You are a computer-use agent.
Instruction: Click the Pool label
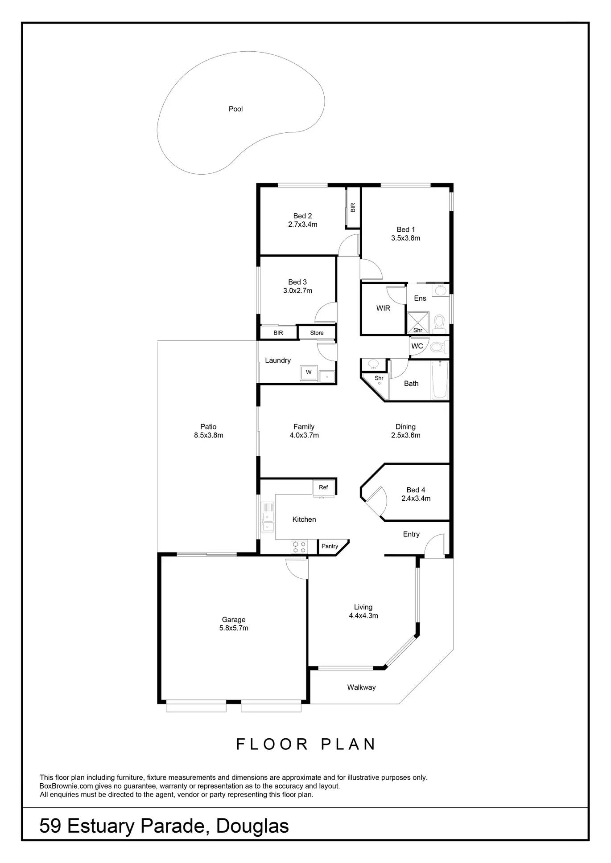coord(235,109)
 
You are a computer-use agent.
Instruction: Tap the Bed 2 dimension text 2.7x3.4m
coord(303,225)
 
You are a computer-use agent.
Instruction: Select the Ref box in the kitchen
coord(323,487)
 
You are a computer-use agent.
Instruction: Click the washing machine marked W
coord(309,372)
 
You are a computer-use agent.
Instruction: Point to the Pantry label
coord(330,546)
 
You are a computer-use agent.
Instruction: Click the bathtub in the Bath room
coord(440,380)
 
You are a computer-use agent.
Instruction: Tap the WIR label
coord(383,308)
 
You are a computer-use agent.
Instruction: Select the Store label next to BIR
coord(317,333)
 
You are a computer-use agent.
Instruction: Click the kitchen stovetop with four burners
coord(299,547)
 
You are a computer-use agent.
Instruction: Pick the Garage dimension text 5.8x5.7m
coord(234,628)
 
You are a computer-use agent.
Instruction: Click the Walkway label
coord(361,687)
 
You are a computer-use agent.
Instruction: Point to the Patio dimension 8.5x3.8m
coord(208,435)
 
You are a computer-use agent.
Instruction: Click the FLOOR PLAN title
coord(306,744)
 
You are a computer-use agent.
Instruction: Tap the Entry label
coord(411,534)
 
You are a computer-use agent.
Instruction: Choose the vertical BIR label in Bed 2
coord(353,207)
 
